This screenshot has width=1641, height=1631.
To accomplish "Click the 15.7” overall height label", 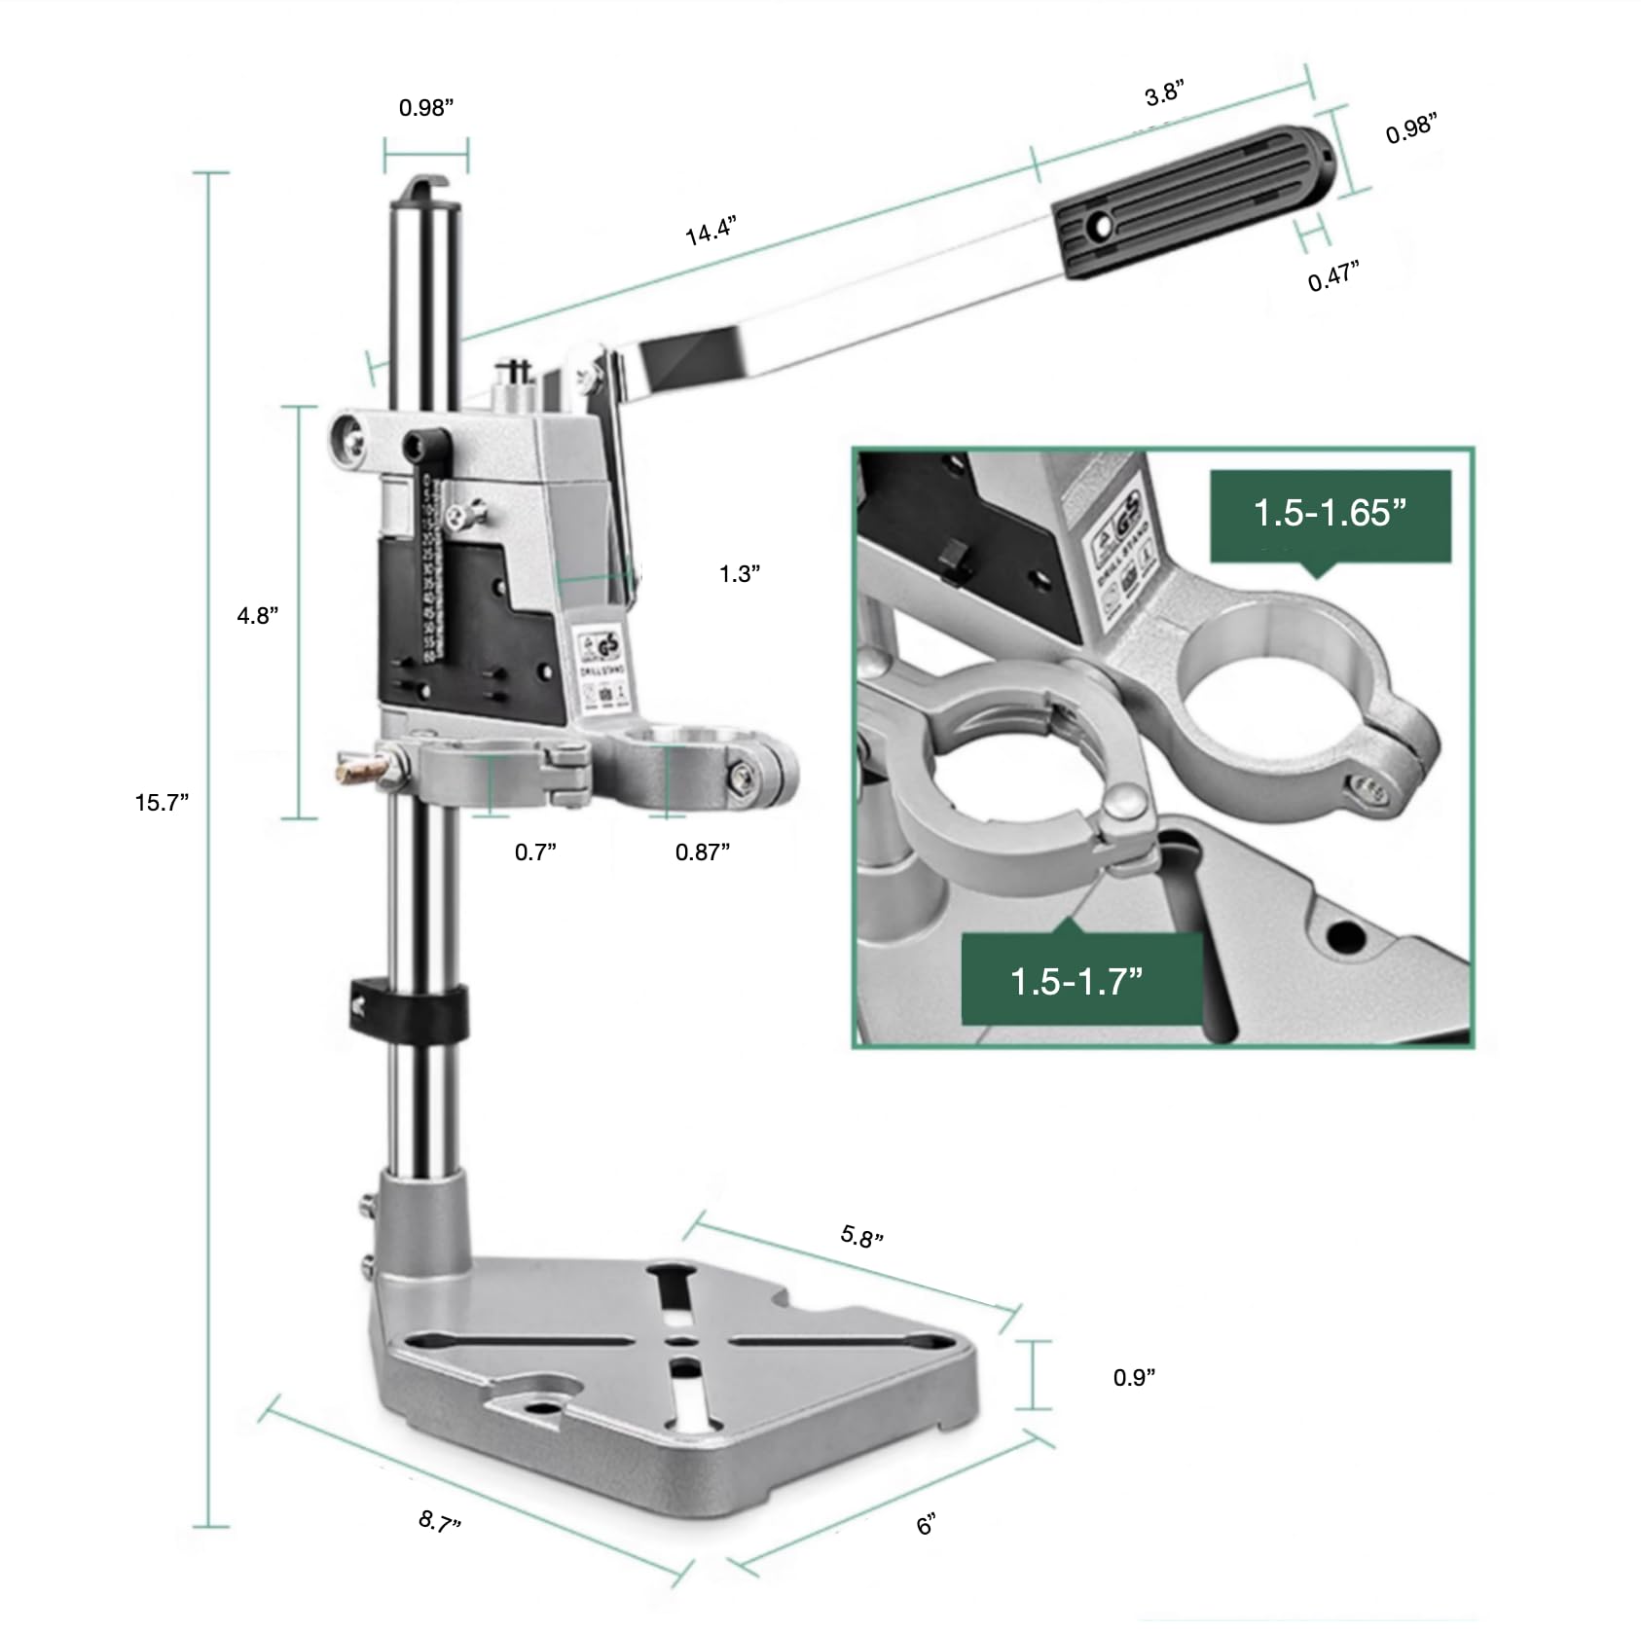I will (162, 803).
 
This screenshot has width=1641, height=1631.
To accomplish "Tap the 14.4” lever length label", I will (711, 233).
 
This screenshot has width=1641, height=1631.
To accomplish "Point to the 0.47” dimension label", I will (1332, 277).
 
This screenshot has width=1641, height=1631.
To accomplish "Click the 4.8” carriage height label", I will (258, 616).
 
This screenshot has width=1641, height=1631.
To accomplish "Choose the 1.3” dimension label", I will (740, 574).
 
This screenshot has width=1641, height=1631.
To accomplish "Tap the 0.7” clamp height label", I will (535, 852).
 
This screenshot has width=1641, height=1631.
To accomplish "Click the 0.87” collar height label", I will (703, 852).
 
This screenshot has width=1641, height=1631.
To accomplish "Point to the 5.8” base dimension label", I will (861, 1237).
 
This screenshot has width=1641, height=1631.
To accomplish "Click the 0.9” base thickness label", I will (1134, 1377).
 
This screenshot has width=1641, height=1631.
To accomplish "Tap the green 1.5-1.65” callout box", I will (1330, 515).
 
